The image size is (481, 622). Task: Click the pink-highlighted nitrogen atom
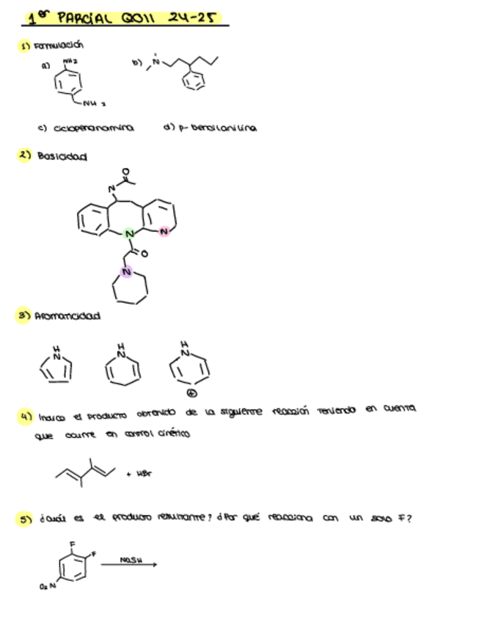[164, 232]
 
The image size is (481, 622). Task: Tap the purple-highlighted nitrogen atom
[126, 273]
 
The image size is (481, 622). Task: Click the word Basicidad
[62, 156]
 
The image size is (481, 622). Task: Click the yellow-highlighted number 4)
[26, 416]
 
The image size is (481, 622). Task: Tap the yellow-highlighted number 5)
[26, 519]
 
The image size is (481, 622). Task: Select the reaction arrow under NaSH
[128, 565]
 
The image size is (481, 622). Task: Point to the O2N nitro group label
[48, 587]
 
